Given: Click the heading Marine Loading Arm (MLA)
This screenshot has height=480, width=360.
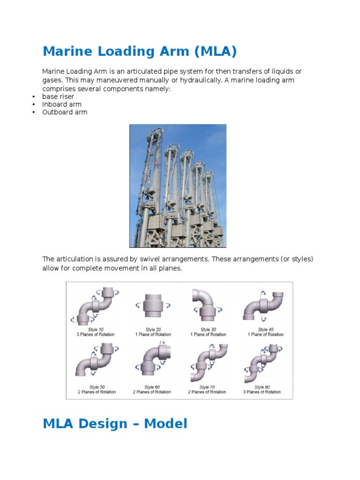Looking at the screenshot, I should (139, 52).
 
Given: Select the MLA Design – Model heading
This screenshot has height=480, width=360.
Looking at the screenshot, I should (115, 424).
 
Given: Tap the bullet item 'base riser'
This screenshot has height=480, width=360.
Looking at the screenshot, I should (58, 97).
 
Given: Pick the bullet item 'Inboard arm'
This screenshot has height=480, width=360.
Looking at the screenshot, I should (61, 105).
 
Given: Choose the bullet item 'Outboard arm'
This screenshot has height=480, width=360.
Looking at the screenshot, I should (65, 112).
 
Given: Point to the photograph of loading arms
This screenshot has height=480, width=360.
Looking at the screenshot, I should (178, 186).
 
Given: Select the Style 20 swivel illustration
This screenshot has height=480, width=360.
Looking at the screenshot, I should (150, 307).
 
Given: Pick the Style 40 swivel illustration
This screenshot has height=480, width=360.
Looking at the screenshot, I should (264, 307).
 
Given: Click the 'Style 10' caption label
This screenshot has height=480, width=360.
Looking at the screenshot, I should (96, 330).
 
